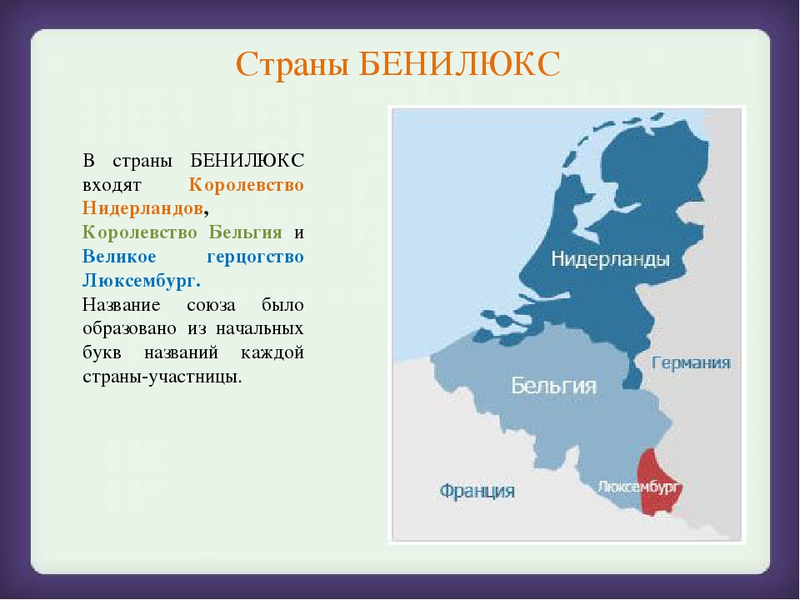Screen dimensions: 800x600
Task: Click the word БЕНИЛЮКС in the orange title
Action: pos(459,64)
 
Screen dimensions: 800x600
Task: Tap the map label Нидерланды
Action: pos(610,259)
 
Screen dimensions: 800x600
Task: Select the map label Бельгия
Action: pos(553,385)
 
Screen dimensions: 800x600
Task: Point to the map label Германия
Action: pos(692,363)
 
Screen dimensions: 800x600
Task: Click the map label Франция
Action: pos(477,492)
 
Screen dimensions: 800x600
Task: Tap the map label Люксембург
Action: pos(639,487)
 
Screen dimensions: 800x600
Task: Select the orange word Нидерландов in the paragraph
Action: pos(142,208)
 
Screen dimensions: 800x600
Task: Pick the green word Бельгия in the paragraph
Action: pos(245,232)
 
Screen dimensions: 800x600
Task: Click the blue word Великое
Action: pos(119,256)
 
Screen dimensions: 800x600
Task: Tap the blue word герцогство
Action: pos(255,257)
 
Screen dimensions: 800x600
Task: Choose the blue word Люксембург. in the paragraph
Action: pos(142,281)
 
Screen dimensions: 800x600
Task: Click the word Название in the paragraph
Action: pos(122,305)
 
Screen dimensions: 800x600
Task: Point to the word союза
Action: pos(211,306)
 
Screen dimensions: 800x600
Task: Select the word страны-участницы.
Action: pos(162,377)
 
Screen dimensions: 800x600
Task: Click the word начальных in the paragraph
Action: pos(260,328)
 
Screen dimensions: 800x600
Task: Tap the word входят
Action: pos(112,185)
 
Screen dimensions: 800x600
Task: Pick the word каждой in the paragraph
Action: pos(272,352)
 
